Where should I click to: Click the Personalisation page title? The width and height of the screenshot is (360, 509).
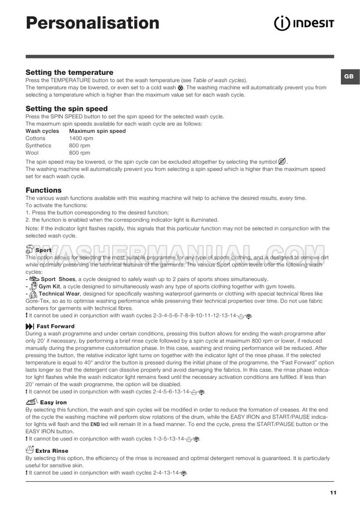[93, 23]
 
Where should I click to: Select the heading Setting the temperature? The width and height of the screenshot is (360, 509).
[69, 72]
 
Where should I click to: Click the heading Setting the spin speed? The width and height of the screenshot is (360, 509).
[66, 109]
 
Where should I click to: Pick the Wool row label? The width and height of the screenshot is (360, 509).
[33, 153]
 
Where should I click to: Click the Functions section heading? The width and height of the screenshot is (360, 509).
[44, 190]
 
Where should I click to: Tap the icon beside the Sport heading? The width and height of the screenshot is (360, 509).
[30, 250]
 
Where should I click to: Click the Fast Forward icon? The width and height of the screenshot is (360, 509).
[30, 326]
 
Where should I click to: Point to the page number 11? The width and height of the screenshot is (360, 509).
[332, 492]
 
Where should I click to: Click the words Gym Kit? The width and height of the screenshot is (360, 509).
[49, 286]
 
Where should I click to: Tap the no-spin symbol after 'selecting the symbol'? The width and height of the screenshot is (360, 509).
[282, 161]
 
